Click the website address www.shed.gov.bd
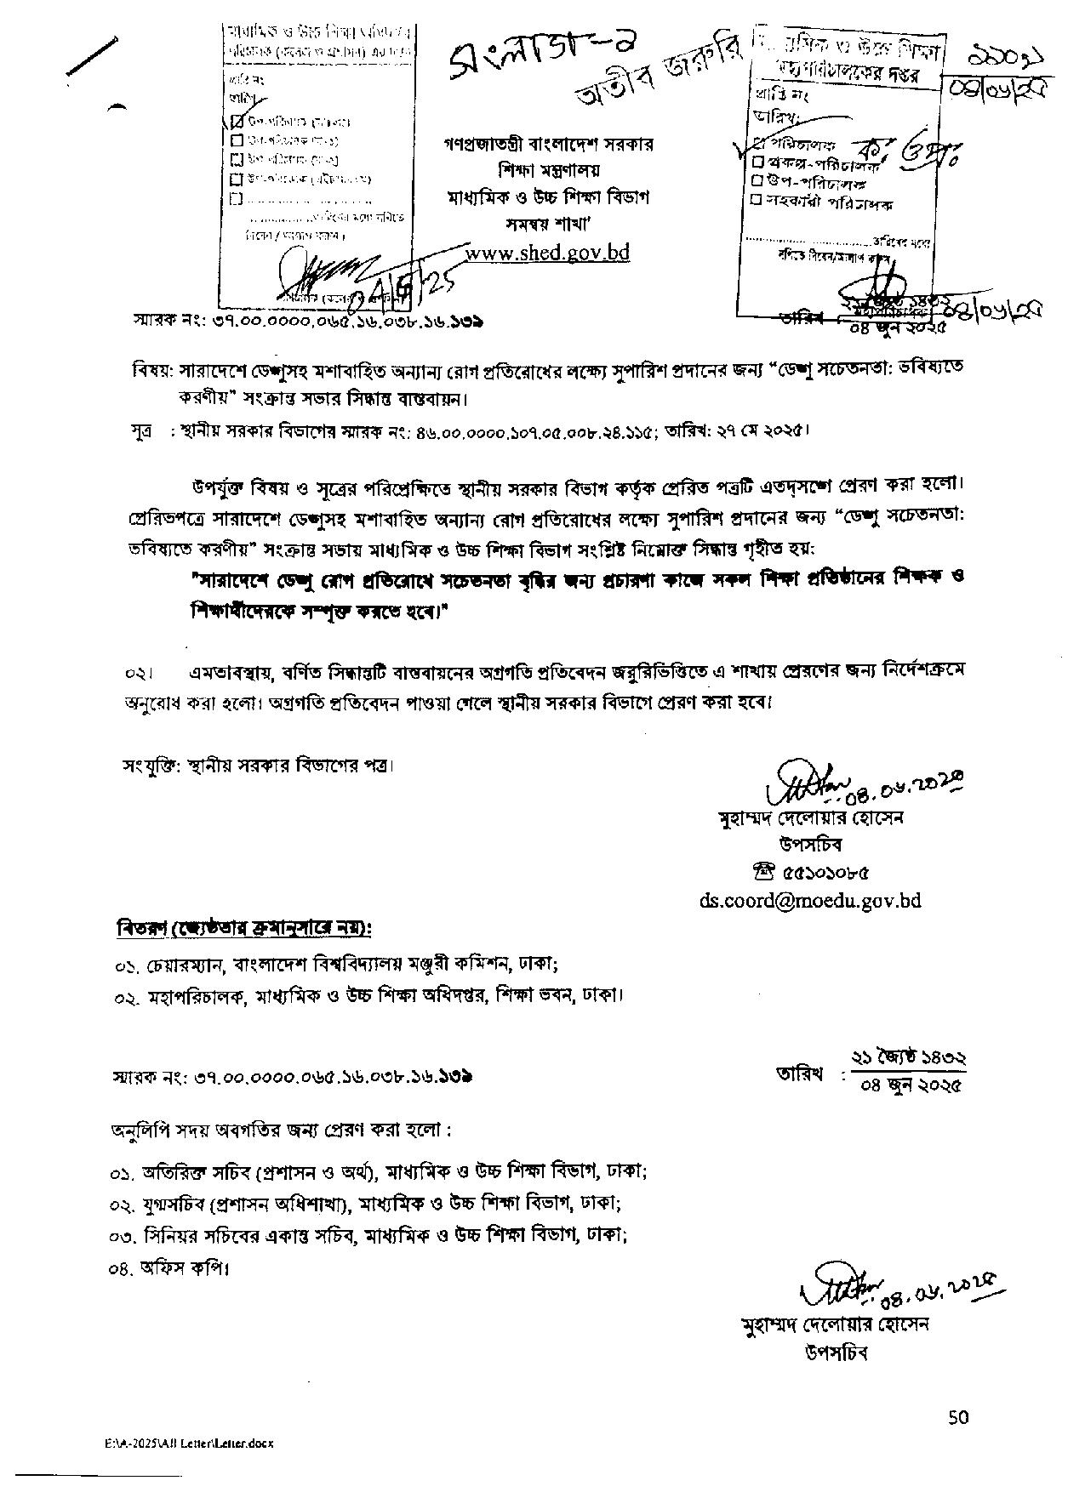[548, 253]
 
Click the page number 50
[958, 1416]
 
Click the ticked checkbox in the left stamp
[238, 121]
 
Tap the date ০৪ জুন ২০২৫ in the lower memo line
[911, 1086]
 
